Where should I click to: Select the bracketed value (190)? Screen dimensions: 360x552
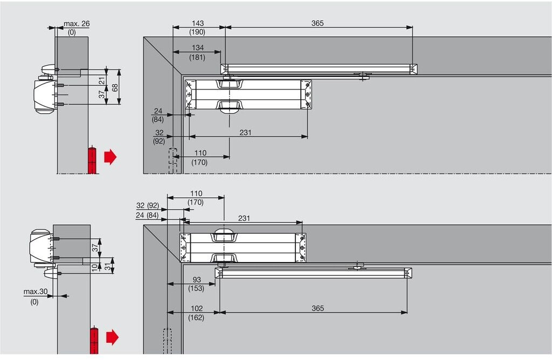[x=197, y=32]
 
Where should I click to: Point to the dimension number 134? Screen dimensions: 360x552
[x=197, y=49]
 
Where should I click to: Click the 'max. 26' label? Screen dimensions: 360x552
[x=77, y=24]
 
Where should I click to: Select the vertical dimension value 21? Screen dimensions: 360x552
[x=102, y=81]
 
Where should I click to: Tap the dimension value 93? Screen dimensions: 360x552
[x=196, y=280]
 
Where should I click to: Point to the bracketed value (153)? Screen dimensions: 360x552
[x=196, y=289]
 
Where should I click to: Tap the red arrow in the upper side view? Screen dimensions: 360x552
[x=110, y=157]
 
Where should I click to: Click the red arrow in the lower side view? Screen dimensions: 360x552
[x=112, y=338]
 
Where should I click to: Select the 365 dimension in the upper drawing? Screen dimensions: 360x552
[x=318, y=24]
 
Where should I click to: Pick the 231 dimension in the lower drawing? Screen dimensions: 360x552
[x=244, y=219]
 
